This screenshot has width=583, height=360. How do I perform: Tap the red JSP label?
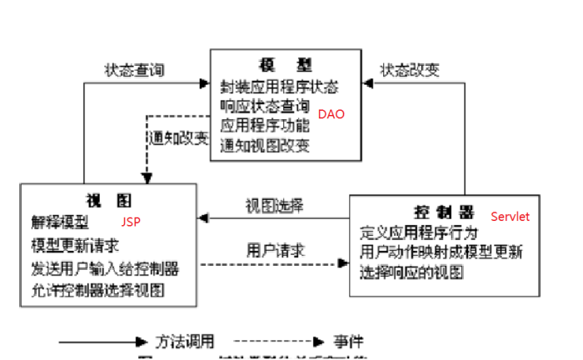tap(131, 223)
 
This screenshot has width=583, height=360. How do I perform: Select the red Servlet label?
tap(510, 216)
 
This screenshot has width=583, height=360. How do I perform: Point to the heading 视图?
tap(108, 201)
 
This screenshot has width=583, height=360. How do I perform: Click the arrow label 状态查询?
tap(134, 70)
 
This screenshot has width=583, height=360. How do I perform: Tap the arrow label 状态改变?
tap(410, 70)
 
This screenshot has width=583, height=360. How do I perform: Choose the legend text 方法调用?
tap(185, 342)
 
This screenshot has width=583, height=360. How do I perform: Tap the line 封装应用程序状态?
tap(279, 87)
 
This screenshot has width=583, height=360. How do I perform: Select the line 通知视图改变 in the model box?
tap(265, 146)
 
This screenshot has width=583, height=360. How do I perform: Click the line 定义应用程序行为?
tap(419, 232)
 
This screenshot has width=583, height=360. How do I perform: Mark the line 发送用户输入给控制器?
tap(105, 268)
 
